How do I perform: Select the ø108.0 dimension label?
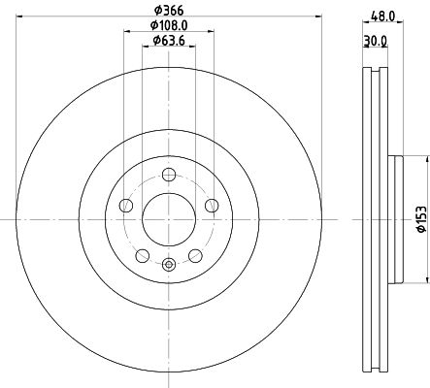pyautogui.click(x=169, y=26)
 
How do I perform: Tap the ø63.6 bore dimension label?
pyautogui.click(x=169, y=41)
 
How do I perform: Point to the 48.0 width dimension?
pyautogui.click(x=378, y=16)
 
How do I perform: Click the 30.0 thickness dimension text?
pyautogui.click(x=373, y=42)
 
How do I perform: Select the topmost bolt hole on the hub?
pyautogui.click(x=169, y=175)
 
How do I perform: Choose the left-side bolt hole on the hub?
pyautogui.click(x=127, y=205)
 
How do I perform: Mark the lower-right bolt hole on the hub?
pyautogui.click(x=195, y=254)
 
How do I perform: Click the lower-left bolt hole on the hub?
pyautogui.click(x=143, y=254)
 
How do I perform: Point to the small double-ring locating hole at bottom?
pyautogui.click(x=169, y=263)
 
